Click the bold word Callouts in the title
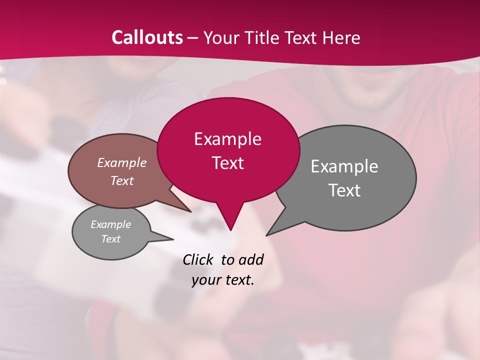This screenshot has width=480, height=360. coord(147,37)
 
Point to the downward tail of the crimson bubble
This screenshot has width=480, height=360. coord(230,220)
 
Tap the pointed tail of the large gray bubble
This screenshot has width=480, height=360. coord(275,227)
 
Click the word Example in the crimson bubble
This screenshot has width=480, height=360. coord(227,139)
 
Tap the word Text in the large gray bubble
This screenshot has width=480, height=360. coord(344,190)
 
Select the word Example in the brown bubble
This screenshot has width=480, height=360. coord(122,163)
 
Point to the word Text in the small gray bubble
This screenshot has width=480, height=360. coord(111,239)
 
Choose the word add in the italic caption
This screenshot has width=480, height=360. coord(250,259)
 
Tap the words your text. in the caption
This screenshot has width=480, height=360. coord(223,280)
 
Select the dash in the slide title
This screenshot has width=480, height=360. coord(193,38)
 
